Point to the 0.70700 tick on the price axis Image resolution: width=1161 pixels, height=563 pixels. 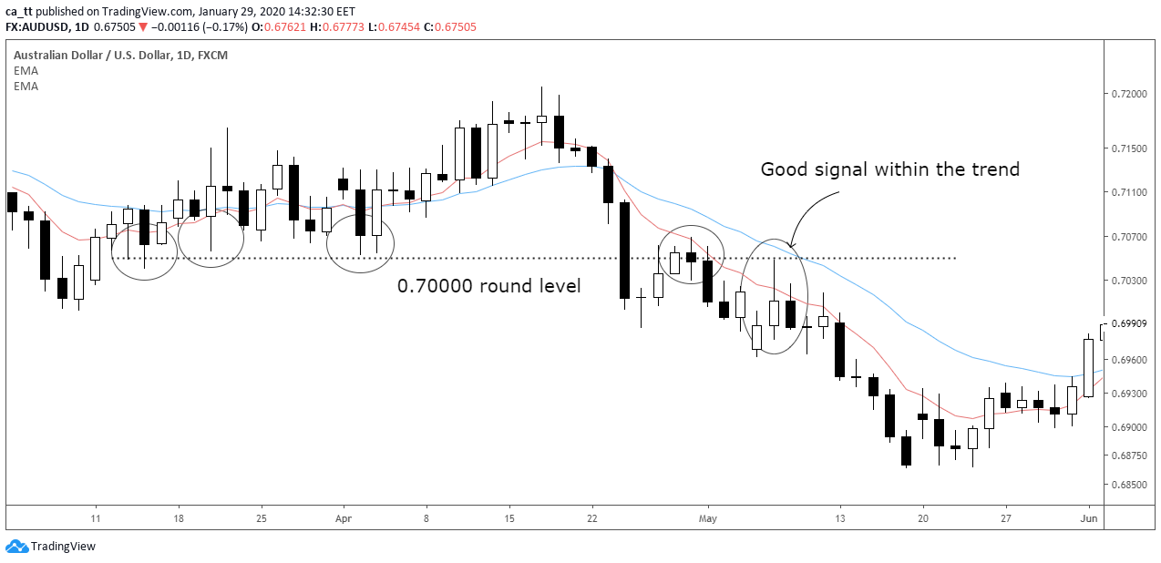pyautogui.click(x=1130, y=236)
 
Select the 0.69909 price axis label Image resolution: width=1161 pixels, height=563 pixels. pyautogui.click(x=1130, y=323)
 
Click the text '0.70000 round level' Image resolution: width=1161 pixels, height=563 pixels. pyautogui.click(x=488, y=285)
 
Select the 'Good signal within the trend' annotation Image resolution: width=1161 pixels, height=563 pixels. pyautogui.click(x=889, y=169)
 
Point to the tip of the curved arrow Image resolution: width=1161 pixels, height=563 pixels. pyautogui.click(x=790, y=247)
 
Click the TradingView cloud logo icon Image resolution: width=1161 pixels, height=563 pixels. pyautogui.click(x=16, y=547)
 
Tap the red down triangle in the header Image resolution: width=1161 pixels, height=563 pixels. pyautogui.click(x=143, y=27)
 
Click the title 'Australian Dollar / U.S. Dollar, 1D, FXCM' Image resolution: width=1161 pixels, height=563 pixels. pyautogui.click(x=120, y=56)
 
